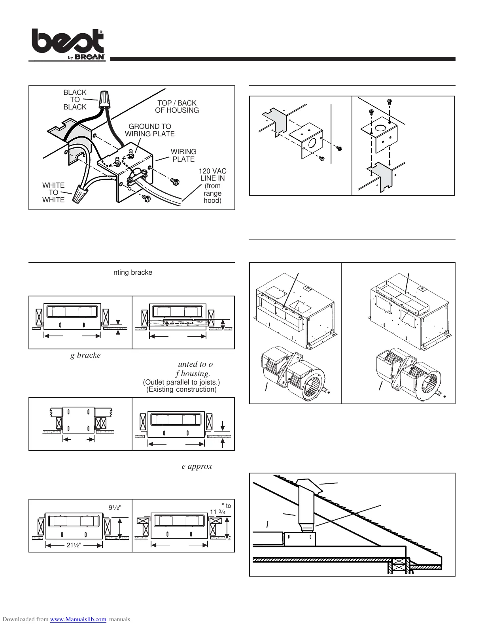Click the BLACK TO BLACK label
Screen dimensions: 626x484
pos(75,100)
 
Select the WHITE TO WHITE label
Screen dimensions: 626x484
pos(53,192)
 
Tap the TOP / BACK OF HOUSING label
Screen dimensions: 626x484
pos(177,107)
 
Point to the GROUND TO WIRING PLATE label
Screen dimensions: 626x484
pos(150,130)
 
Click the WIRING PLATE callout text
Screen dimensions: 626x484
pos(183,155)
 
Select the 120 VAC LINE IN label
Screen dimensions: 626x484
pos(213,186)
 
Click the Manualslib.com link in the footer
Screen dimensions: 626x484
pos(78,619)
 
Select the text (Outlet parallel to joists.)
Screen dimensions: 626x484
pos(181,382)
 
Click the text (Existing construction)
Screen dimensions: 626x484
pos(181,389)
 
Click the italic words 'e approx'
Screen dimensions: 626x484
pos(197,466)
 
